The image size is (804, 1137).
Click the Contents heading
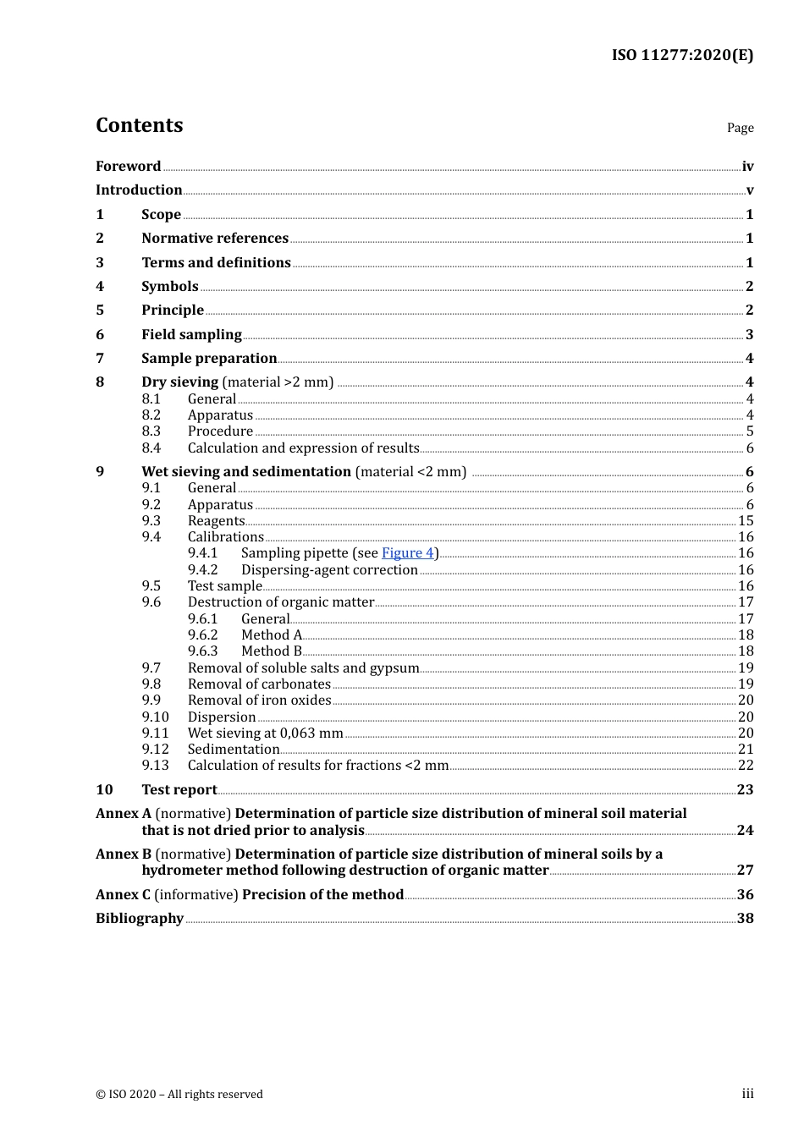click(139, 125)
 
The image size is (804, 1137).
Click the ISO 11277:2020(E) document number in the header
click(682, 55)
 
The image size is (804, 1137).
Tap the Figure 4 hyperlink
click(407, 553)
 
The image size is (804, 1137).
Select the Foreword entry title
click(128, 167)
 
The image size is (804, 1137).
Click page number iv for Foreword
click(747, 167)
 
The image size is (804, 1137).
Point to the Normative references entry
click(215, 239)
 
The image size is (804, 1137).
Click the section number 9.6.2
click(202, 635)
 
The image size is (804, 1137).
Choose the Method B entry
click(271, 651)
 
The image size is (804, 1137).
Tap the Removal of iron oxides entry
click(259, 700)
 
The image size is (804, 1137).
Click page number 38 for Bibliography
click(745, 919)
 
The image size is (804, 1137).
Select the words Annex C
click(123, 895)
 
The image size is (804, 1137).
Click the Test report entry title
click(179, 790)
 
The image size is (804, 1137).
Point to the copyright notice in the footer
click(179, 1095)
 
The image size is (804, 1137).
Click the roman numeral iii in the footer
click(747, 1094)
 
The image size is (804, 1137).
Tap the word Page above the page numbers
click(740, 128)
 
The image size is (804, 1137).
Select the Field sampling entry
click(191, 335)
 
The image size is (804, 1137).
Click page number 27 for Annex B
click(745, 871)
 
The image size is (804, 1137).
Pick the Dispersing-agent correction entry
click(329, 570)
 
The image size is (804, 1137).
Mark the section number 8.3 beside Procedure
click(151, 431)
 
